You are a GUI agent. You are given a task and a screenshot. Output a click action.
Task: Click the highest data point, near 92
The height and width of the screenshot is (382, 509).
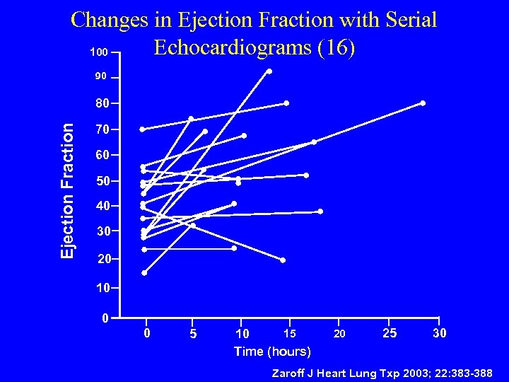269,71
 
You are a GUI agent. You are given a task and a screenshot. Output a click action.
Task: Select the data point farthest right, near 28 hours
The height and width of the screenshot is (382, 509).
423,103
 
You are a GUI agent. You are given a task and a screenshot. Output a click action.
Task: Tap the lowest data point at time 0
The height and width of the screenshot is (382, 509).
144,272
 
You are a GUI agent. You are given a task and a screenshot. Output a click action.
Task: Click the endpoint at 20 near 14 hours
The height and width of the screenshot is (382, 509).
283,260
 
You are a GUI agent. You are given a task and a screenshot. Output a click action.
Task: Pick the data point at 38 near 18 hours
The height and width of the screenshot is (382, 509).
320,212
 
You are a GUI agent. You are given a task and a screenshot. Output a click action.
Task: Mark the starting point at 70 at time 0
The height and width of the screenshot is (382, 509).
142,129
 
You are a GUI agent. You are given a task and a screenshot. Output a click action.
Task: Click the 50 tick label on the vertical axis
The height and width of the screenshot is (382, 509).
103,181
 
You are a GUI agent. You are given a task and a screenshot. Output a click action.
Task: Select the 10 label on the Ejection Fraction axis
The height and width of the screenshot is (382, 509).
103,289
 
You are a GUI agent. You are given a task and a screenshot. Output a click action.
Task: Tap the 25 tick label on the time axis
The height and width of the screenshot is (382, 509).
389,333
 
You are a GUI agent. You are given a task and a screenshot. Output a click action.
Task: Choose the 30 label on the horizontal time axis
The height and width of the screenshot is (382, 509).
439,333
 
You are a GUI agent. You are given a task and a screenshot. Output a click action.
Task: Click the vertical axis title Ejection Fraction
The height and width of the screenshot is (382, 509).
67,190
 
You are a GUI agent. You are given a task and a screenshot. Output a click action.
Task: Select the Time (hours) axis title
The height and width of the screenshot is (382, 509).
272,352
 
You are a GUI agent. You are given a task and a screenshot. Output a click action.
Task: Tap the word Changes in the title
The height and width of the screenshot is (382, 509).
111,20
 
